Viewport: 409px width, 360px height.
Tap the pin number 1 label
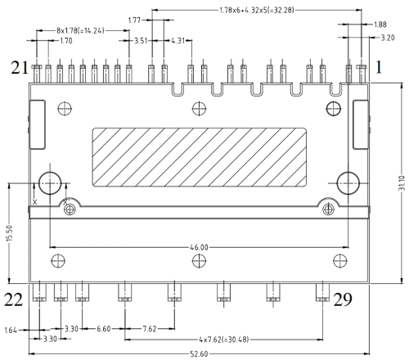click(x=379, y=69)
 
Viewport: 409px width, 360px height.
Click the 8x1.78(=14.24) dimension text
click(x=82, y=29)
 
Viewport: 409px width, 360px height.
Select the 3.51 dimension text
click(x=140, y=39)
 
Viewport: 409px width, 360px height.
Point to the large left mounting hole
click(x=50, y=182)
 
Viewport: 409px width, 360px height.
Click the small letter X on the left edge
click(x=34, y=200)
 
